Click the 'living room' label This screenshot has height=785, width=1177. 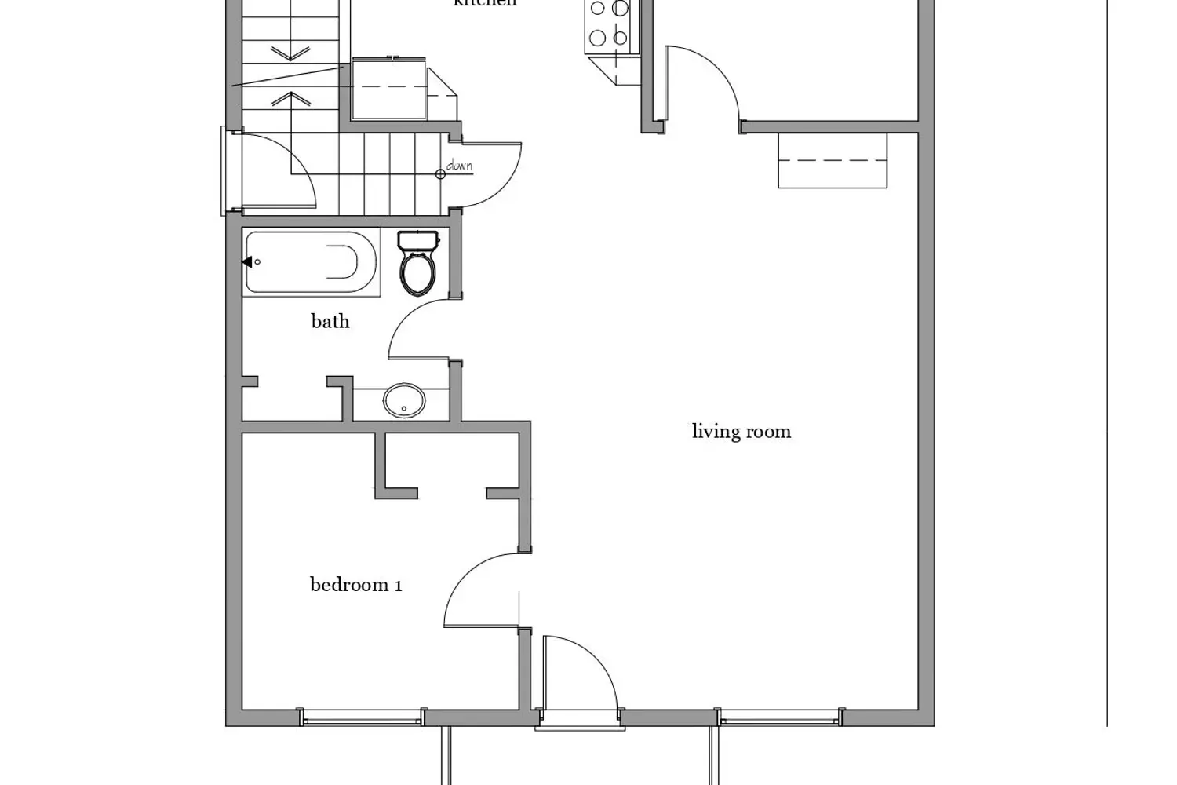(x=741, y=431)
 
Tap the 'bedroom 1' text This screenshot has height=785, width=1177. (x=355, y=584)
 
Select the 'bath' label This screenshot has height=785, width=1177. (x=330, y=321)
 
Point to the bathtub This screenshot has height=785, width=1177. (x=312, y=262)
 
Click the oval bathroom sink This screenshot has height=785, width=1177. (x=404, y=401)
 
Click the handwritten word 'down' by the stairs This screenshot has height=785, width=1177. (x=459, y=166)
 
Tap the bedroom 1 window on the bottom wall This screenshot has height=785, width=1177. (x=362, y=717)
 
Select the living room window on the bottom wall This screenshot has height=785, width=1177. (x=780, y=717)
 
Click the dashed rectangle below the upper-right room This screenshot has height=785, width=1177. (x=832, y=161)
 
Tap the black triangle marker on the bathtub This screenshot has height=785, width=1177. (x=247, y=262)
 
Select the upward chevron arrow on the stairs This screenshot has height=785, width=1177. (x=290, y=98)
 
